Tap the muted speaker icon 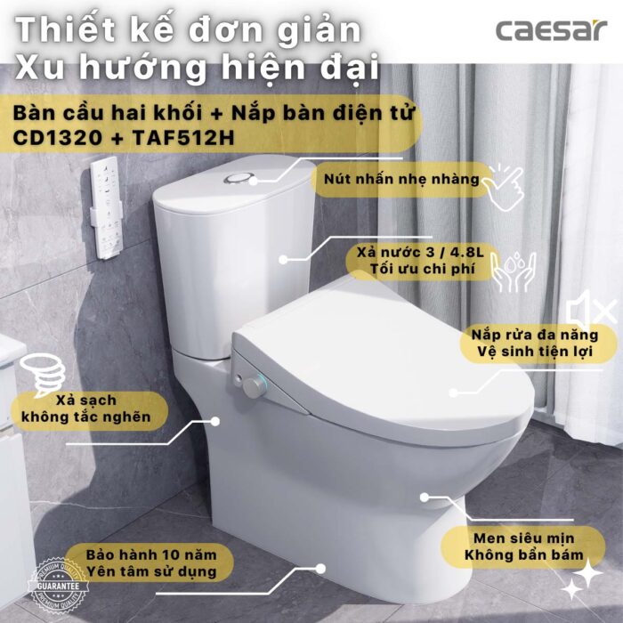tap(591, 311)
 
